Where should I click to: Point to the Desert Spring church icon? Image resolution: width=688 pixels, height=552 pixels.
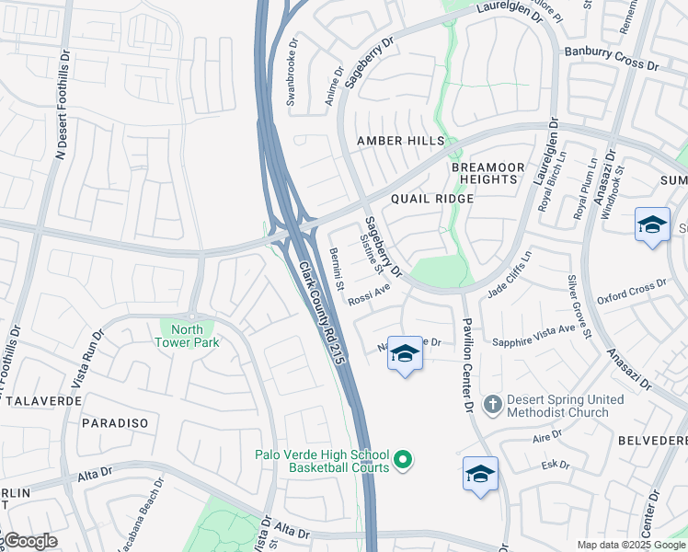[494, 405]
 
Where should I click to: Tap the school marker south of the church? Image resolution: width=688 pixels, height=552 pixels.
[480, 475]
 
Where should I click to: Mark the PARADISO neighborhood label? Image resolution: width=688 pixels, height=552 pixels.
[115, 422]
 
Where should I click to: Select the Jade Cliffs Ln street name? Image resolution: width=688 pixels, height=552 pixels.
[510, 274]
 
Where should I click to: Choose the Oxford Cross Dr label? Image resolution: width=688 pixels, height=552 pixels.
[631, 292]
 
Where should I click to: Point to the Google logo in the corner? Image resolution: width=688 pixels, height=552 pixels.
[29, 541]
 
